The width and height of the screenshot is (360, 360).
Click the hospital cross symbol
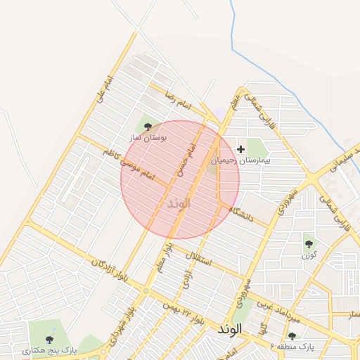coord(241,149)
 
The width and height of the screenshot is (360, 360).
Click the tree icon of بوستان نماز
coord(148,127)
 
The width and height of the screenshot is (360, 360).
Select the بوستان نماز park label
coord(146,138)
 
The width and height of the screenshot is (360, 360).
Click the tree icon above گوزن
coord(309,244)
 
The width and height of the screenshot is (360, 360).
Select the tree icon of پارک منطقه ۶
coord(292,335)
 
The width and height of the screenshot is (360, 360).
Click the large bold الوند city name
coord(230,328)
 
